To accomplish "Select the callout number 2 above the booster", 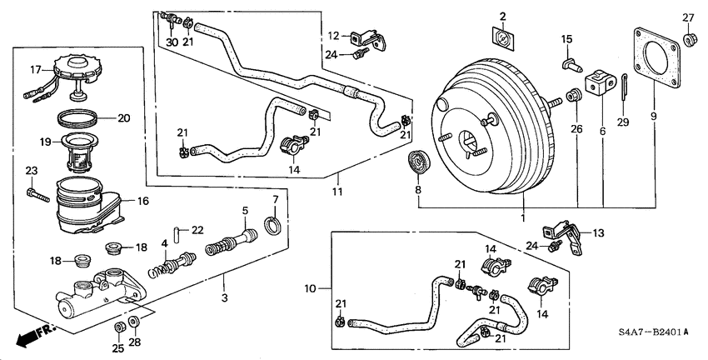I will click(502, 16).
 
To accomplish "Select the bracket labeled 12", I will click(365, 37).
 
